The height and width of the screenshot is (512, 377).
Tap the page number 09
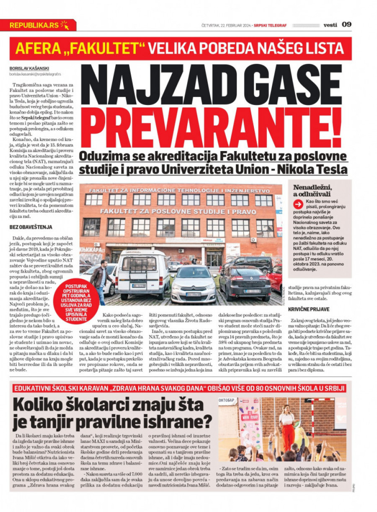point(347,24)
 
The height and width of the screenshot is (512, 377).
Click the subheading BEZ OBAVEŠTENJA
point(31,227)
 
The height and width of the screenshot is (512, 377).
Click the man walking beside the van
point(99,280)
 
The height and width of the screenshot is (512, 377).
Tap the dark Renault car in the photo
point(245,283)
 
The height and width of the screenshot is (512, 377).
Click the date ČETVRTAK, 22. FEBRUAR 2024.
point(226,25)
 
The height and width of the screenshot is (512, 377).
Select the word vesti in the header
point(330,25)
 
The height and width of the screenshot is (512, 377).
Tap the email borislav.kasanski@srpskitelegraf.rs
point(35,74)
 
